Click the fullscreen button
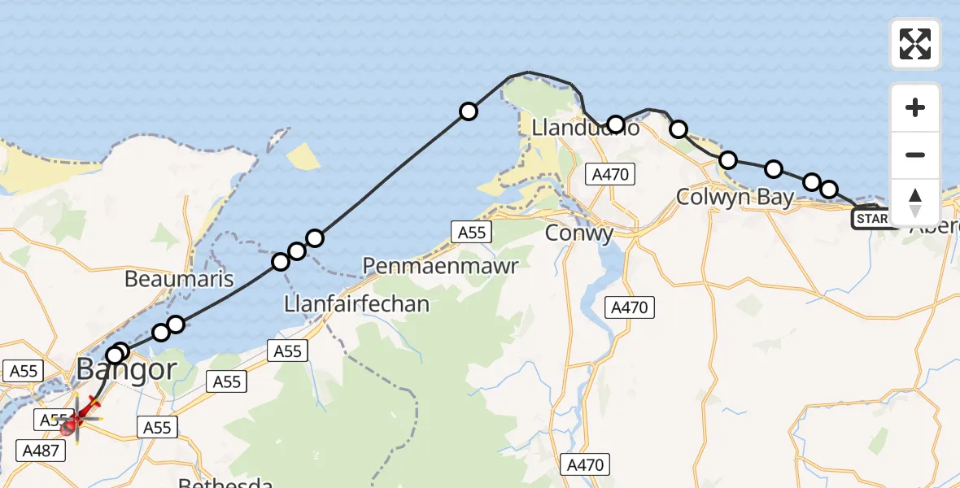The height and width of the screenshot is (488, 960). click(915, 44)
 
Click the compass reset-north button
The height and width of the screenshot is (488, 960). click(915, 203)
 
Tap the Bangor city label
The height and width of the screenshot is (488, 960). click(126, 370)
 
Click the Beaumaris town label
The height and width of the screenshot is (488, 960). click(179, 280)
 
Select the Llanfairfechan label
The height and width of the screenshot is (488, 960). click(357, 304)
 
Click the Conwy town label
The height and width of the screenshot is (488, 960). click(578, 234)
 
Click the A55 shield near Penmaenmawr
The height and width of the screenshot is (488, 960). click(472, 233)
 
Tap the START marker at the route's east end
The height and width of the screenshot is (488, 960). click(872, 219)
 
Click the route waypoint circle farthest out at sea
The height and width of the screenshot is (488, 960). click(468, 111)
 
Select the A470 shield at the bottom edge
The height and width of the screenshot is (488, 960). click(585, 465)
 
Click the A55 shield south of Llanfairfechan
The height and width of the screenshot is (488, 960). click(288, 351)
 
